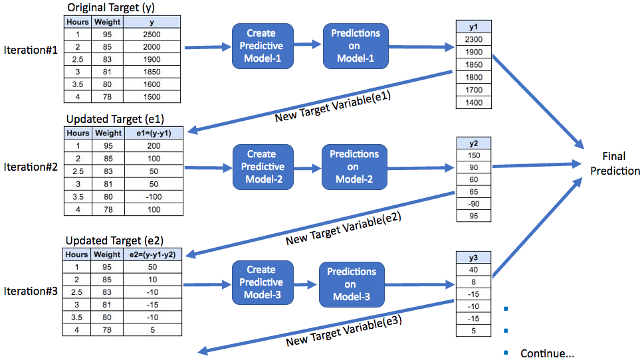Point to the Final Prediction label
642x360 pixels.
pos(613,163)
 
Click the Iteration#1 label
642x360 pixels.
pos(30,50)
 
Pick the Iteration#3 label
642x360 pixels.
pos(30,291)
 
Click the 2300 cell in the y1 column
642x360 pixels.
pos(474,40)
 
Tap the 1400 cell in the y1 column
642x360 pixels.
pos(474,103)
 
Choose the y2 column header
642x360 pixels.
pos(474,143)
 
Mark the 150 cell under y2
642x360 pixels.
pos(474,155)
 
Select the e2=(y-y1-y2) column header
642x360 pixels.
pos(153,254)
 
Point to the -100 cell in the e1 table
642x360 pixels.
pos(153,197)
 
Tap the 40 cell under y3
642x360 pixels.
pos(474,269)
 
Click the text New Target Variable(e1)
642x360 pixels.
pos(332,106)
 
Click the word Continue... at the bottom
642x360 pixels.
pos(546,353)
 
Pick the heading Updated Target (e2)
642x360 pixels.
pos(114,240)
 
